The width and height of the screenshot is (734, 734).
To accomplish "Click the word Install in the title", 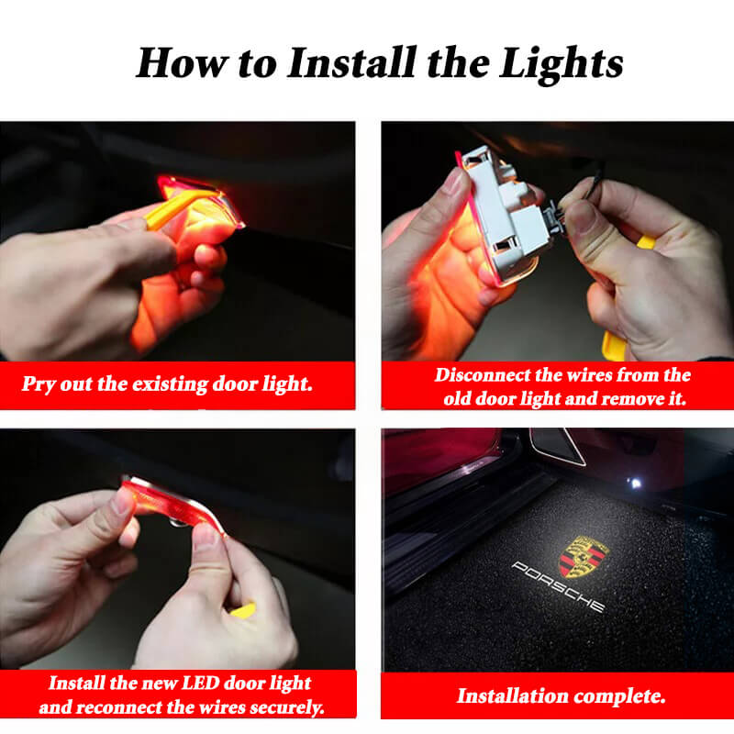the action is coord(351,63).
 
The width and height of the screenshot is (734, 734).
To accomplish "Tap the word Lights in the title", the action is coord(561,65).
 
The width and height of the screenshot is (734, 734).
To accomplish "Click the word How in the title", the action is coord(182,63).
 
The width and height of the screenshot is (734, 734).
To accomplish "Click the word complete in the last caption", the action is coord(620,696).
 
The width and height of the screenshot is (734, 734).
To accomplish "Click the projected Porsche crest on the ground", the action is coord(584,557).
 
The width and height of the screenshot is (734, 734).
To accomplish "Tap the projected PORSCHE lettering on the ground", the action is coord(559,586).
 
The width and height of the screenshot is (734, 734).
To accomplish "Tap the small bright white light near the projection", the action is coord(635,484).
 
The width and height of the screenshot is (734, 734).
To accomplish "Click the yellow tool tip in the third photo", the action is coord(243,610).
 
